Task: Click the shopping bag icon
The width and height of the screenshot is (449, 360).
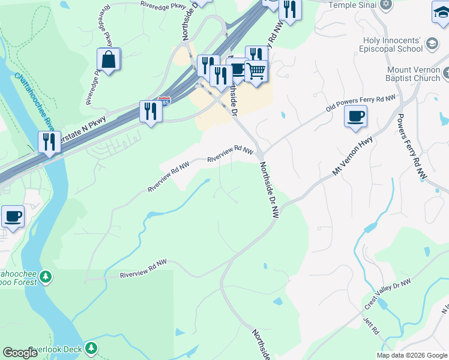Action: point(109,60)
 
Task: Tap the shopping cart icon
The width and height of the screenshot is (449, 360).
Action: point(256,72)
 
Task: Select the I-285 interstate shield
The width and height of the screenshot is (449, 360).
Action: point(163,102)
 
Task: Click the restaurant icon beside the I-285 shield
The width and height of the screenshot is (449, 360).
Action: point(150,112)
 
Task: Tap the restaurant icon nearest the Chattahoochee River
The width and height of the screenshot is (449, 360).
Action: point(49,142)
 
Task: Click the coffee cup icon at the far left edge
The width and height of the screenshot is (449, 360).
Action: point(13,216)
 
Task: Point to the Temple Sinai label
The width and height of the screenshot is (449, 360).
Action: point(353,4)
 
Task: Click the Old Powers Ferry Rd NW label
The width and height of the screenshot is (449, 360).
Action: point(361,104)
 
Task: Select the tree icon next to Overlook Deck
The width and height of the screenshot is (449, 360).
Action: point(91,348)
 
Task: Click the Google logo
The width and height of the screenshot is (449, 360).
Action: point(20,353)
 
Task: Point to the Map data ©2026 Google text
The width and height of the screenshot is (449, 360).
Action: point(412,355)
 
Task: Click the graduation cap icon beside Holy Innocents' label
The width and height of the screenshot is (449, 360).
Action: point(432,43)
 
